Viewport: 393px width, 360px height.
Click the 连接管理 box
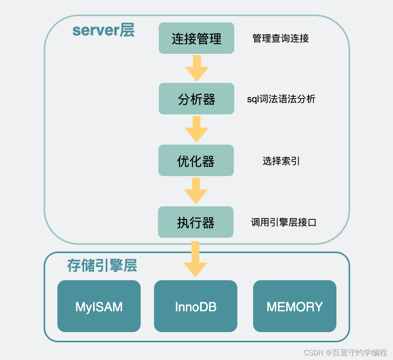[x=196, y=38]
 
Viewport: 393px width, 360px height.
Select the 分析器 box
[x=196, y=99]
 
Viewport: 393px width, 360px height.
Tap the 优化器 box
[x=196, y=160]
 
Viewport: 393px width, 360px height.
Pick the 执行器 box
[x=196, y=222]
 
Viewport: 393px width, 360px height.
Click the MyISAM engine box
[x=99, y=306]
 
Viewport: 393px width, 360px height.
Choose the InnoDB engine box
[x=196, y=306]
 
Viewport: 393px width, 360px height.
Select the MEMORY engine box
[x=295, y=306]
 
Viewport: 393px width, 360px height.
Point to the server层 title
[x=103, y=30]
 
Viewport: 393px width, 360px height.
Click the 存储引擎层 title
[x=102, y=266]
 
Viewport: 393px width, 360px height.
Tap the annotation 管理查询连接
[x=281, y=38]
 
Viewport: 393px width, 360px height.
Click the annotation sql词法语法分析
[x=281, y=99]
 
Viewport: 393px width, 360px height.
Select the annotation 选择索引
[x=281, y=161]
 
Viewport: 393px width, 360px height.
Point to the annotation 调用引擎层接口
[x=284, y=222]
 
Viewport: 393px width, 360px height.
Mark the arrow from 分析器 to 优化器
[x=196, y=129]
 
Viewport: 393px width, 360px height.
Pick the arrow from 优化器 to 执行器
[x=196, y=190]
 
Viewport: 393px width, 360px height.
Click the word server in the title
[x=96, y=31]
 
